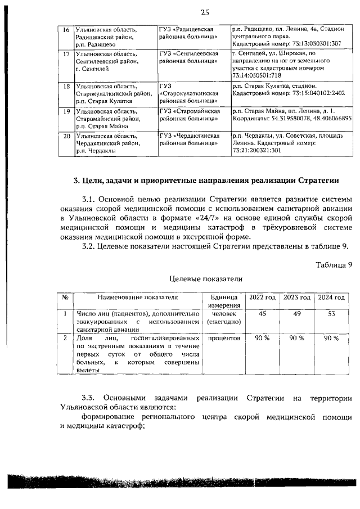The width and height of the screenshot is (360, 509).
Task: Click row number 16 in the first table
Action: (x=66, y=29)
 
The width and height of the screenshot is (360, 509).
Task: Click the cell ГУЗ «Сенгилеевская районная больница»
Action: (x=189, y=57)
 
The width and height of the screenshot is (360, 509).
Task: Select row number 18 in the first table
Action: (x=66, y=87)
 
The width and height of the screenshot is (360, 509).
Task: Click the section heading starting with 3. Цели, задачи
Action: (x=206, y=181)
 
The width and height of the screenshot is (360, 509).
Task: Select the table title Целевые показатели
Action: (x=206, y=278)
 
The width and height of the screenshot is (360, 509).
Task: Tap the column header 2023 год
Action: (x=297, y=297)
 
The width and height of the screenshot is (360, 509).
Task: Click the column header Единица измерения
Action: (x=224, y=301)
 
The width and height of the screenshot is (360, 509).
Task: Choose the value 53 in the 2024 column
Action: (x=332, y=314)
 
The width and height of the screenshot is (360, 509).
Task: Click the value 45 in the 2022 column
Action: (x=262, y=314)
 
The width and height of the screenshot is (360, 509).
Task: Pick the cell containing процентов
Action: (x=224, y=339)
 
